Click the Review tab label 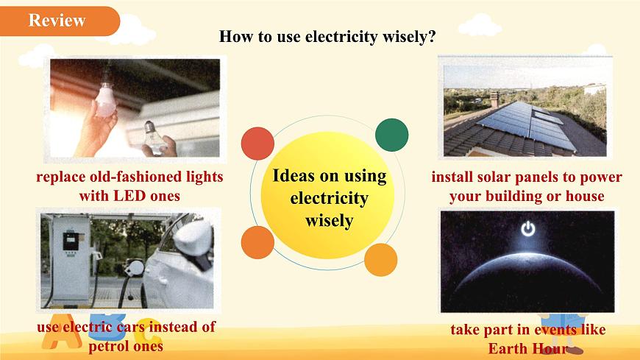coord(57,21)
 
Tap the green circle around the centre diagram coord(391,135)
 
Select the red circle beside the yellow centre coord(257,143)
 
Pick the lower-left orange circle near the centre coord(257,242)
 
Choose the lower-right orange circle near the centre coord(381,259)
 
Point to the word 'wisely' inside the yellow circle coord(329,221)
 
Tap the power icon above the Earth coord(527,229)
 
